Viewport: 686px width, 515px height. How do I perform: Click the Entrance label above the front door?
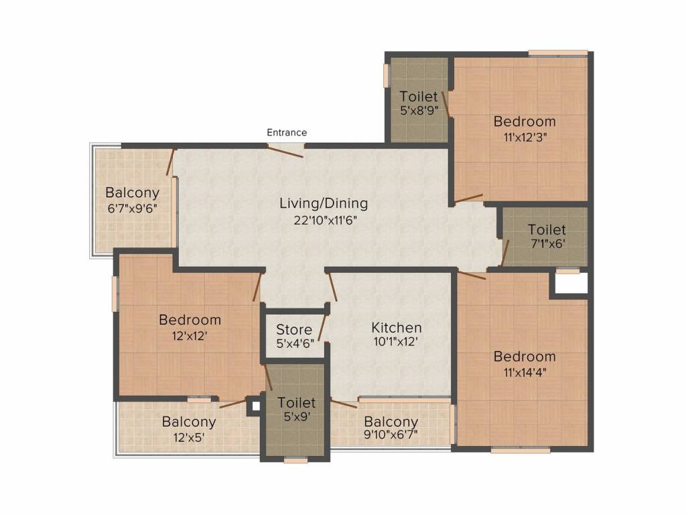tap(287, 132)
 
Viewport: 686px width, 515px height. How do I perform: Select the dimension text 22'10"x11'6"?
tap(324, 220)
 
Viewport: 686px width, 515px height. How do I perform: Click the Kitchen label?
tap(397, 328)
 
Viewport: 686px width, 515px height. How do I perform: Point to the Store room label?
tap(294, 330)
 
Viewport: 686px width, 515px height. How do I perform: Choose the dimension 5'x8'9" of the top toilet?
tap(419, 111)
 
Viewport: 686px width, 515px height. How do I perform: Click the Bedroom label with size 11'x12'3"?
tap(525, 121)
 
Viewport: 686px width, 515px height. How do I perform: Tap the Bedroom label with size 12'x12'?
tap(190, 320)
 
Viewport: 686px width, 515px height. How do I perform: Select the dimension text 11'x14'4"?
tap(525, 372)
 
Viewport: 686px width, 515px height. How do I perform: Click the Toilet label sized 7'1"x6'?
tap(547, 230)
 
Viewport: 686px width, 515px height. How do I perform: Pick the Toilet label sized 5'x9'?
tap(296, 403)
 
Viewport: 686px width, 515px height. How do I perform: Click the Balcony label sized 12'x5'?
tap(189, 422)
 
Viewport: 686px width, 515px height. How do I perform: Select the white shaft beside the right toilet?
tap(569, 284)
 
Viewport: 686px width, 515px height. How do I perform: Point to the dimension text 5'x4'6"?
tap(294, 345)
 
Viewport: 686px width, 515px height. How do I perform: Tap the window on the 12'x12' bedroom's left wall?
tap(115, 294)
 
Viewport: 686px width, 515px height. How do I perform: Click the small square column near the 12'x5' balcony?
tap(253, 405)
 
